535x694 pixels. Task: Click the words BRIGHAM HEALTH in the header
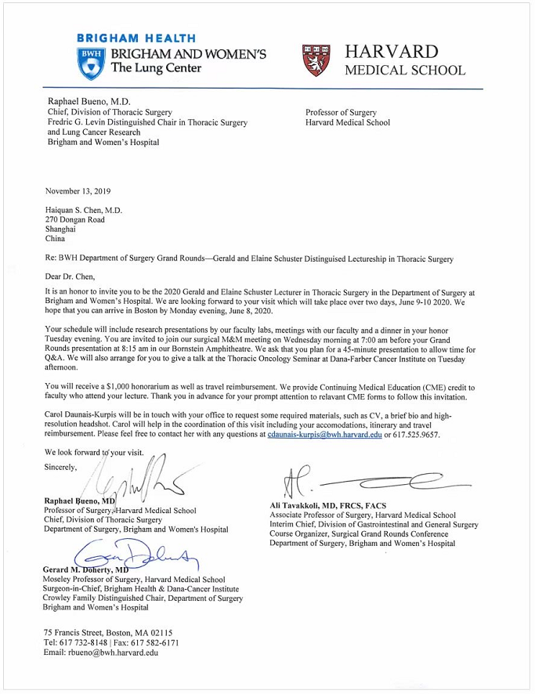(x=137, y=38)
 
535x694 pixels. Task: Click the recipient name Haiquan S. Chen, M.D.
(x=84, y=210)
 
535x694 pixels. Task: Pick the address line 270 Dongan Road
(x=75, y=220)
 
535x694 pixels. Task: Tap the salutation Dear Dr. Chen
(x=71, y=276)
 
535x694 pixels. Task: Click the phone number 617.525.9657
(x=418, y=435)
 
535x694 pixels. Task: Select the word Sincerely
(x=61, y=468)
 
